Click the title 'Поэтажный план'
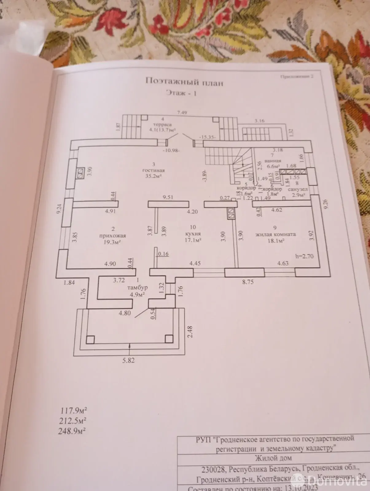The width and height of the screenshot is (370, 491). [x=184, y=82]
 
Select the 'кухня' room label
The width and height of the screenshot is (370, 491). [x=193, y=234]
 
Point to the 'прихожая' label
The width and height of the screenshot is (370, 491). [x=113, y=236]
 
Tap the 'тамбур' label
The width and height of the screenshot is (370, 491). [x=137, y=288]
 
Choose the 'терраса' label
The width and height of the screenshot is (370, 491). [x=163, y=125]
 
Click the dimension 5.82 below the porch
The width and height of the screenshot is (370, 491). [x=128, y=361]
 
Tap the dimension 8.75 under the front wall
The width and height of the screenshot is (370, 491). [x=247, y=282]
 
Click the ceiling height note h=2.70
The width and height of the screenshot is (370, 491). [x=304, y=256]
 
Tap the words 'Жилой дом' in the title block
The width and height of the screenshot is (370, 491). [x=274, y=458]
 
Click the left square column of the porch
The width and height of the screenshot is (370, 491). [x=90, y=339]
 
